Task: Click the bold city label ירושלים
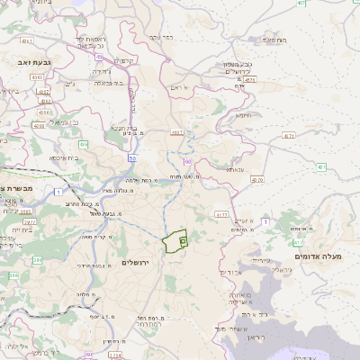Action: [139, 261]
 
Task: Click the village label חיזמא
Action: [244, 115]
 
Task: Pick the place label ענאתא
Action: [235, 168]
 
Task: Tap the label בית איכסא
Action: [62, 157]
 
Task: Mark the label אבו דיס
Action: [230, 271]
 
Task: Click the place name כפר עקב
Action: [162, 37]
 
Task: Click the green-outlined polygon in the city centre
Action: [175, 241]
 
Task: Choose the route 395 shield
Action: [37, 260]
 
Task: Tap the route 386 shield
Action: [12, 275]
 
